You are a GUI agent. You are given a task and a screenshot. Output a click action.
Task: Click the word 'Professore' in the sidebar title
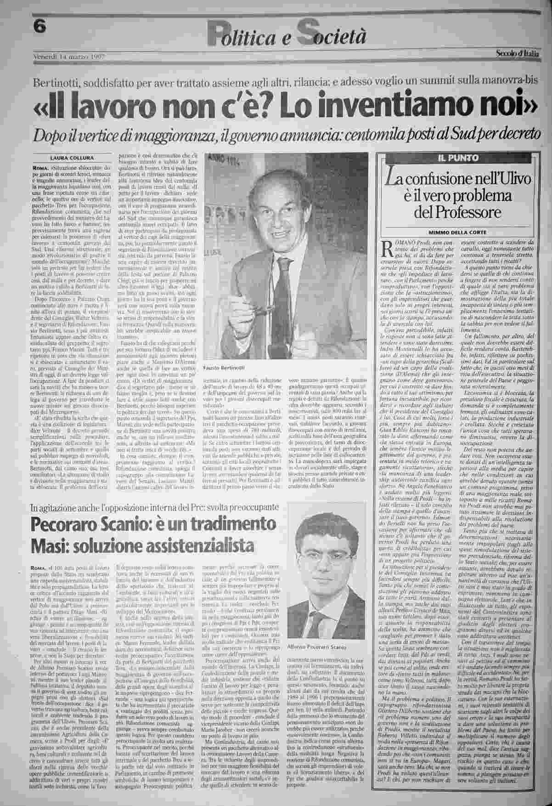[459, 213]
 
